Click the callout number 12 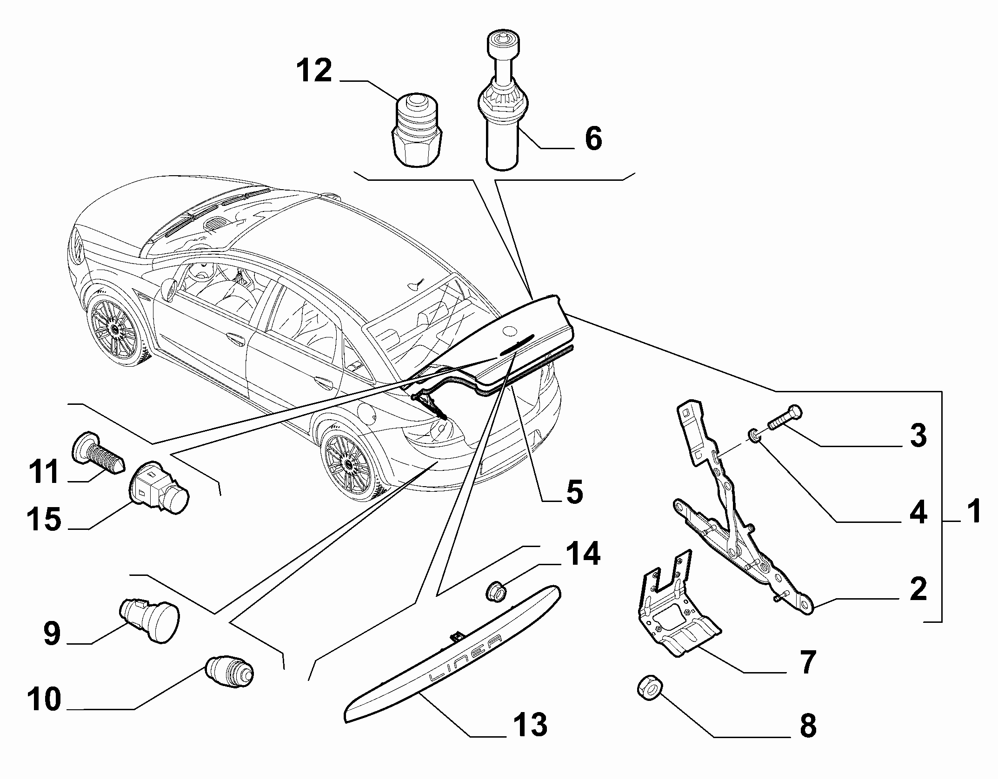(315, 71)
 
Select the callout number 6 (593, 138)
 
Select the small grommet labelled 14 (496, 592)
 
